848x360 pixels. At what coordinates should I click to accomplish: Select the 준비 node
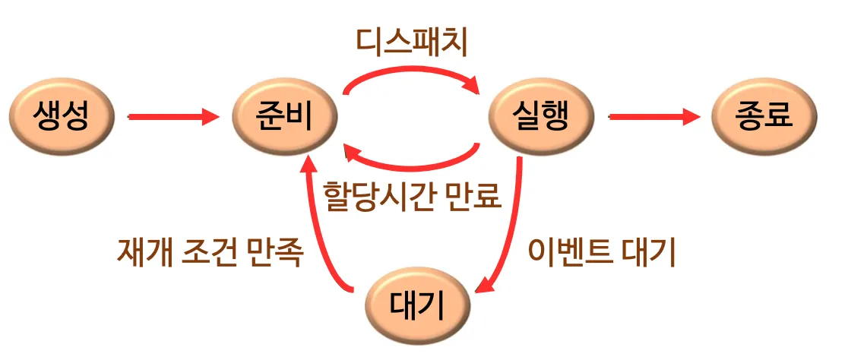[x=285, y=118]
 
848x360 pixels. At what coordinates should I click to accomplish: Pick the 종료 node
[x=764, y=117]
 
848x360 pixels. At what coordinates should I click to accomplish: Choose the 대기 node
[x=418, y=307]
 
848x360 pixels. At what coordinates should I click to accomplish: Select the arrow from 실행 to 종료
[x=653, y=117]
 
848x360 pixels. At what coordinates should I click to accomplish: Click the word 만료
[x=477, y=197]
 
